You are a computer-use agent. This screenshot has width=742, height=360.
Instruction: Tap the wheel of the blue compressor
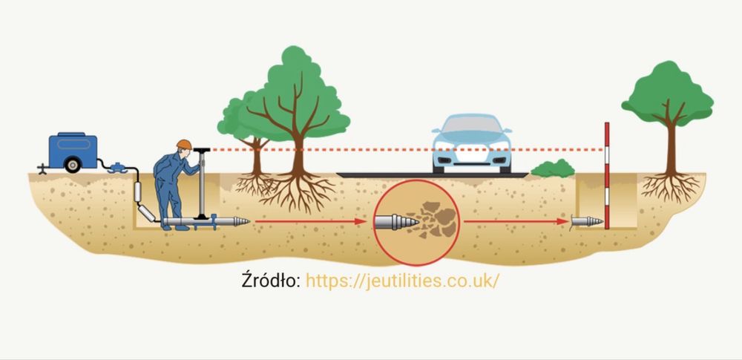[72, 166]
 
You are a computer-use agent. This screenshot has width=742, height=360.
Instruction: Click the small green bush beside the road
[553, 168]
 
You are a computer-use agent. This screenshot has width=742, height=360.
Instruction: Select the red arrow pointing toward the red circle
[308, 221]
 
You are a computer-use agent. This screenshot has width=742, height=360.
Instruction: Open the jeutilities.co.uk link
[402, 281]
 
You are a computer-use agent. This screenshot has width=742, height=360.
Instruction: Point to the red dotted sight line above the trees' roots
[356, 149]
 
